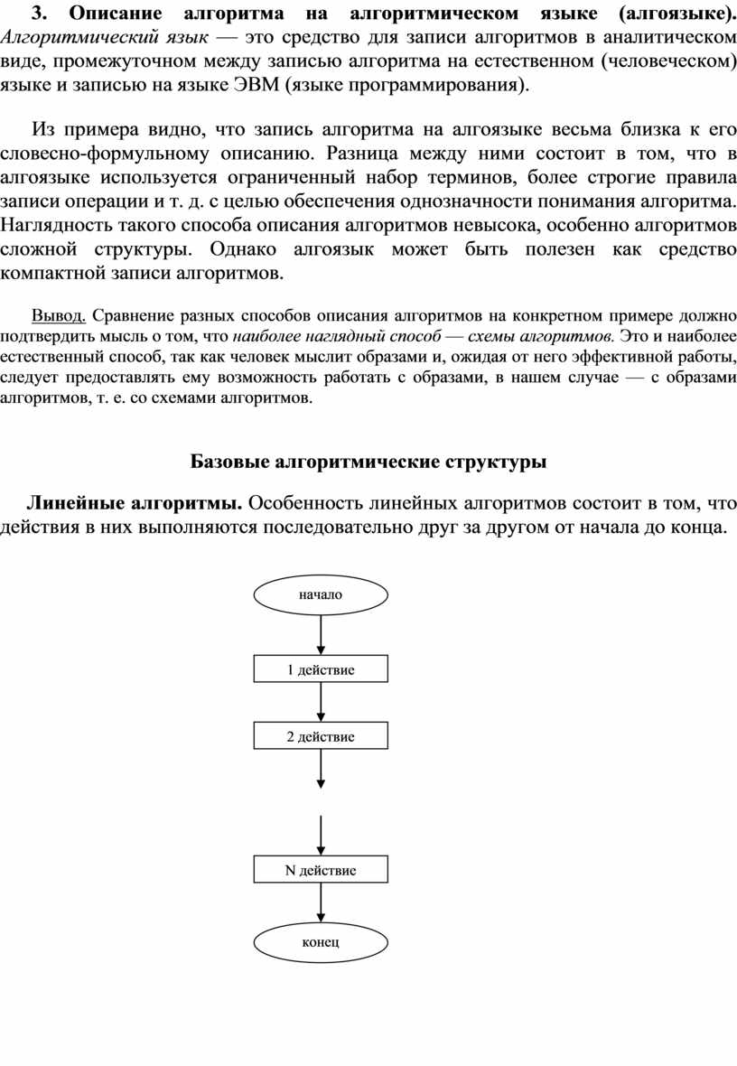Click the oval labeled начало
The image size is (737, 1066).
point(321,594)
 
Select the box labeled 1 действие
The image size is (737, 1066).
point(321,669)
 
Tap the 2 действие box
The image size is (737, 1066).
point(321,736)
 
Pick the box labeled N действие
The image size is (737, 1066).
point(321,870)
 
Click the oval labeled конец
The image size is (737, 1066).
point(321,942)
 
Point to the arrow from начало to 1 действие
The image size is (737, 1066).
point(321,634)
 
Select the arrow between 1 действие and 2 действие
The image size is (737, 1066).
point(321,703)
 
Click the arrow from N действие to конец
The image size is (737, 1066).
point(321,902)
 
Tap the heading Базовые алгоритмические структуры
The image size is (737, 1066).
point(368,463)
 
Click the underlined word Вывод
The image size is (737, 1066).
point(59,316)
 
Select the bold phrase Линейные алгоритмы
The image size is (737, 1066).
point(133,502)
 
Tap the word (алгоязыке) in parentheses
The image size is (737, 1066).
point(668,14)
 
